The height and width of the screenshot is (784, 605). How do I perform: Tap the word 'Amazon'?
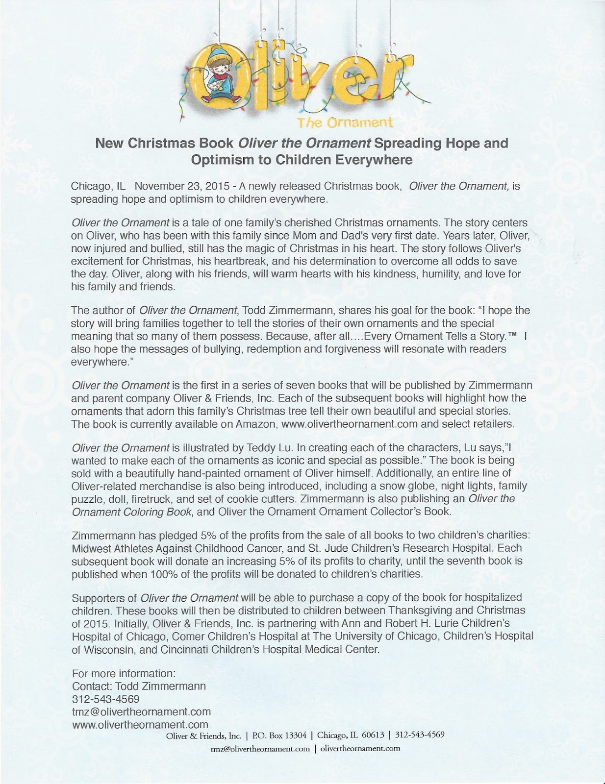(x=256, y=424)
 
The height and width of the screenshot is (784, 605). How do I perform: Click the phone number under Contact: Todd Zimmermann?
(x=106, y=698)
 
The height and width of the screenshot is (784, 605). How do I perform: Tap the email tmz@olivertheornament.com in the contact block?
(x=141, y=711)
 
